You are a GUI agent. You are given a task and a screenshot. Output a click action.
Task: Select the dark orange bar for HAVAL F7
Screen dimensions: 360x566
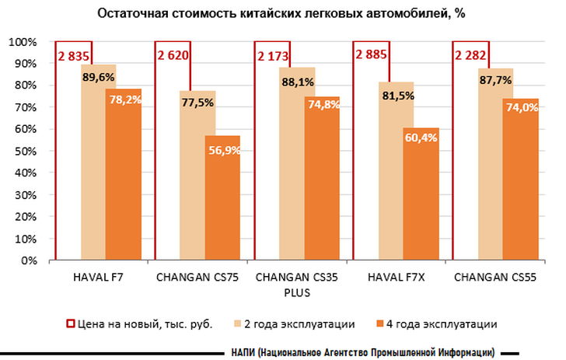123,179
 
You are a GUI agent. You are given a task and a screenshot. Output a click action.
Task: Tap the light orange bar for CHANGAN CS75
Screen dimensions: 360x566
197,187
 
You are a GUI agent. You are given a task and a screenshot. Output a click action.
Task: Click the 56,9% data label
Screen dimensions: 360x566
224,150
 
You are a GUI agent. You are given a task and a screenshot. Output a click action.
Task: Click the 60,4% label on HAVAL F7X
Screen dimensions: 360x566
421,138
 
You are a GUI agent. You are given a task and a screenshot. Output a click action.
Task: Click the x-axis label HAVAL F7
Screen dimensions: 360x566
100,278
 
